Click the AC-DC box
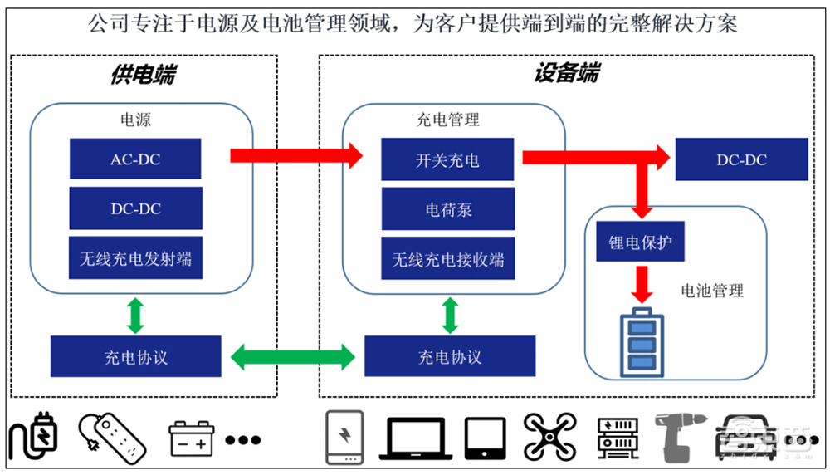point(134,159)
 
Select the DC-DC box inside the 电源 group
point(134,208)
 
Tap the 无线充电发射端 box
point(134,258)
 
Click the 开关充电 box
point(447,159)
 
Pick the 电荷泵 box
point(447,209)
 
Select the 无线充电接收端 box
point(447,259)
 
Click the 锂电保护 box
point(640,242)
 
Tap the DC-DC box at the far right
point(741,159)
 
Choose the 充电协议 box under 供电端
point(135,357)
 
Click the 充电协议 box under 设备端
point(449,357)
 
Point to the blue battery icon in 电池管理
point(639,341)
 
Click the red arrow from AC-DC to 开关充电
point(295,154)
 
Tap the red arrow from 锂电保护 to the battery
point(640,284)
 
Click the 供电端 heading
point(142,75)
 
